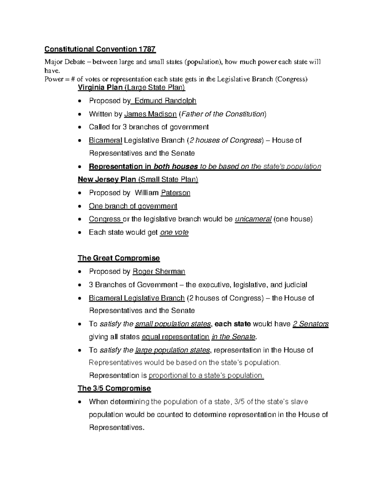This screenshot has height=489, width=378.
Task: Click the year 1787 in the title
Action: [x=146, y=49]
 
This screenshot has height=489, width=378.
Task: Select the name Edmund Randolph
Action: [x=165, y=101]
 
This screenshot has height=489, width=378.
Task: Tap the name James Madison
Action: [x=151, y=114]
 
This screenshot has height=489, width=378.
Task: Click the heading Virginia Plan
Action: [x=100, y=87]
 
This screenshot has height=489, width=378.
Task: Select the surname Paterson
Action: [x=175, y=193]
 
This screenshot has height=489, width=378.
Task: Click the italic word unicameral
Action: [x=253, y=219]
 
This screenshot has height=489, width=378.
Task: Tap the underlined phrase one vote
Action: [x=174, y=232]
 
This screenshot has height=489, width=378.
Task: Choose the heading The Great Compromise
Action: [x=119, y=258]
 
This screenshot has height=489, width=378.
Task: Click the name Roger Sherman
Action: [x=159, y=271]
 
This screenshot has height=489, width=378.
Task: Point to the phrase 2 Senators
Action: [x=311, y=324]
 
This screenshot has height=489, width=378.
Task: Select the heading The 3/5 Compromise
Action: [x=114, y=388]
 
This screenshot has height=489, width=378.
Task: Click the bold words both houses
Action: [x=175, y=167]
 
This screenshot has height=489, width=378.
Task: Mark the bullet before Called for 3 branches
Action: [x=81, y=128]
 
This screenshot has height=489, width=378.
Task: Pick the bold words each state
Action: [x=232, y=324]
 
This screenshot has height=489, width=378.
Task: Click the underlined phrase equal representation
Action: [x=175, y=337]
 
